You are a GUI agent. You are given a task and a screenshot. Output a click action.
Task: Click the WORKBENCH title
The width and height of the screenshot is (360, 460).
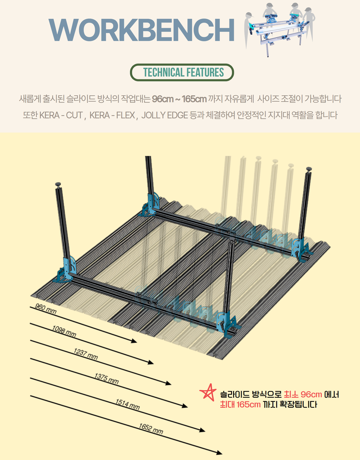coord(141,30)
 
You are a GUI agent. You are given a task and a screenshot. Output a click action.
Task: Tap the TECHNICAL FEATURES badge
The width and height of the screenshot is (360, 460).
coord(182,72)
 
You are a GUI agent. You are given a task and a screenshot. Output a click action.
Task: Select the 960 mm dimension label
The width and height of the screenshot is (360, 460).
coord(46,309)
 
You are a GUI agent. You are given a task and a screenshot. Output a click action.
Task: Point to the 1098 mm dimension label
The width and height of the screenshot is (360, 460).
coord(64,331)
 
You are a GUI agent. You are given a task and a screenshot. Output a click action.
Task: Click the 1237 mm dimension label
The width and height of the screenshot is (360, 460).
coord(85,354)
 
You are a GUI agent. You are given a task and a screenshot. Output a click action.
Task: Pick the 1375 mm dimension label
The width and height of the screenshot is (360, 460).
coord(106,378)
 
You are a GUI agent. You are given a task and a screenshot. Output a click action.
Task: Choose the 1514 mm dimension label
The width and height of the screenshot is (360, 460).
coord(127,404)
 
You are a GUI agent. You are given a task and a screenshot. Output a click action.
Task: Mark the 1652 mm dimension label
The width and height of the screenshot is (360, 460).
coord(151,429)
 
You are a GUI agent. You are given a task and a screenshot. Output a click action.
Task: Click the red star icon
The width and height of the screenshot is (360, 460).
coord(208,392)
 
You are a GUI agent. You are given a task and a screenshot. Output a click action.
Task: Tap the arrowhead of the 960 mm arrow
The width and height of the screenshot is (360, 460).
coord(134,341)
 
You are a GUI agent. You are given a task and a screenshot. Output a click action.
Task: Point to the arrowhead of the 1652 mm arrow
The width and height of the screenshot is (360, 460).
coord(219,452)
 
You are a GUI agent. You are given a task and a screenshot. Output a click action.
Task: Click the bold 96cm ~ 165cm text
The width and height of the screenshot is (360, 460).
coord(179,99)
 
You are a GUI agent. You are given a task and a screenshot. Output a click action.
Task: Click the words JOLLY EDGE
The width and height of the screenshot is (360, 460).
coord(165,115)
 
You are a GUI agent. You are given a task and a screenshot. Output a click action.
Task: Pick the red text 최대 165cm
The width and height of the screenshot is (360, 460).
coord(240,404)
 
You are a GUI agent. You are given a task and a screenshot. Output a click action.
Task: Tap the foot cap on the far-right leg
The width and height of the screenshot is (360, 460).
coord(309,169)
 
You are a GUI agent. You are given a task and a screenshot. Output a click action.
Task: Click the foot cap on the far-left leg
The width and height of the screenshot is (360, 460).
coord(58,184)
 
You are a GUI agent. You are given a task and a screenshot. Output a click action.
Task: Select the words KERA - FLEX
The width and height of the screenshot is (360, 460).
coord(112,115)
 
